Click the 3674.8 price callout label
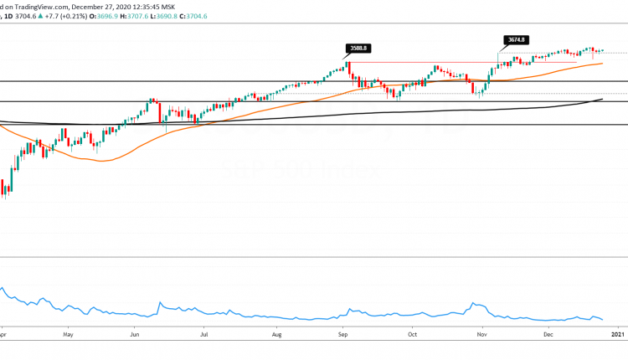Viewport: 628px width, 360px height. coord(516,39)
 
